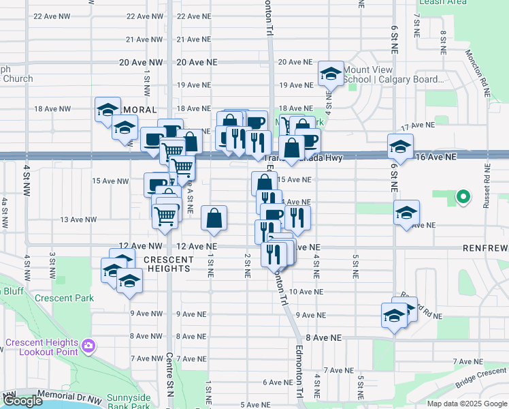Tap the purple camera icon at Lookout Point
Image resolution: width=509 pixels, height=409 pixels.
coord(88,347)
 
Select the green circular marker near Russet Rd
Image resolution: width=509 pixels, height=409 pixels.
coord(463,198)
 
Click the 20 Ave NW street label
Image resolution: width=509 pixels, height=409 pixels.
coord(141,62)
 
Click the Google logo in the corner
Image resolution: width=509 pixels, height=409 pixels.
coord(22,401)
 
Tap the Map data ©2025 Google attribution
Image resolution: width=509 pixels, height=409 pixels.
coord(466,404)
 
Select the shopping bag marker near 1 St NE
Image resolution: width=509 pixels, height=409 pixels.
coord(214,219)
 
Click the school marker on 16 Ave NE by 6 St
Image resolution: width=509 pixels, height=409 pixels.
coord(400,145)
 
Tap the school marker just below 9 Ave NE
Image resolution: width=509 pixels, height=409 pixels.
coord(395,315)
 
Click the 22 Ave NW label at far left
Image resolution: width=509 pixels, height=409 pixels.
coord(52,16)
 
